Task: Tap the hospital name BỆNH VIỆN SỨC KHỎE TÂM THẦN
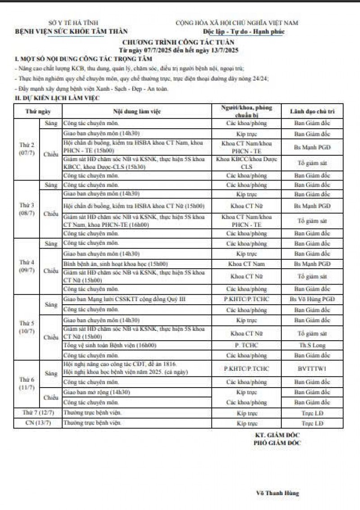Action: (x=72, y=31)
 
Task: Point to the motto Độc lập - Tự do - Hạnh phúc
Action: (x=243, y=32)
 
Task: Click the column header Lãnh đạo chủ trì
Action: (x=312, y=111)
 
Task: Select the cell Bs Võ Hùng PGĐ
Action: (x=312, y=299)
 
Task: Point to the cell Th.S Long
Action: (x=312, y=345)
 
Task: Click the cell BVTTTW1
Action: (x=312, y=368)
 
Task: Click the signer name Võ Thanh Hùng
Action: (x=277, y=493)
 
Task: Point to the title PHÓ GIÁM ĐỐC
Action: (x=277, y=443)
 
